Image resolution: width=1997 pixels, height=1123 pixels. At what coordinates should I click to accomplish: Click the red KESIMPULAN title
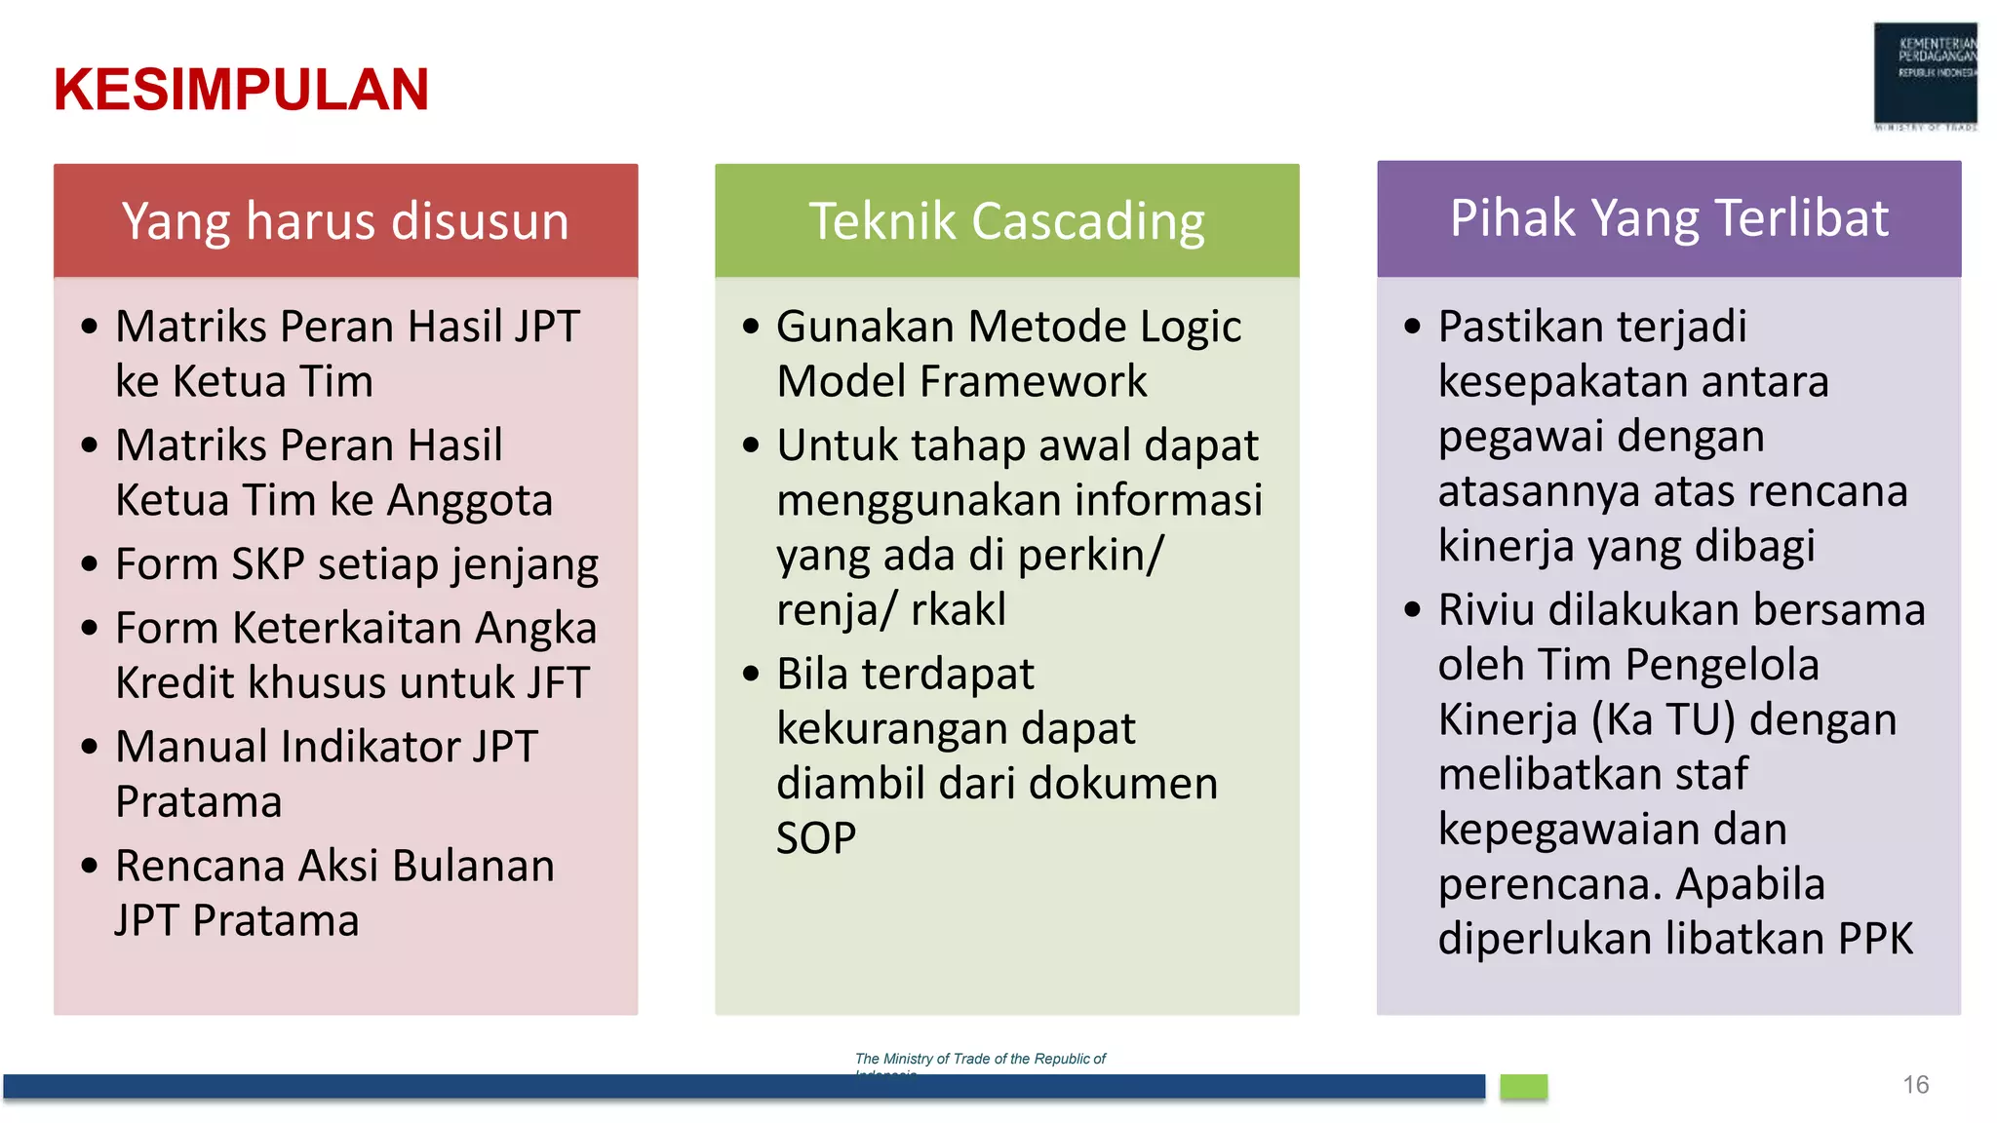(241, 90)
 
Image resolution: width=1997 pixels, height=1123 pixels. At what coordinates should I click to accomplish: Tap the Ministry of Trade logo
(1925, 76)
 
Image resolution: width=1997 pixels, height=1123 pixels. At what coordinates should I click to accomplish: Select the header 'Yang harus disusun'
(345, 221)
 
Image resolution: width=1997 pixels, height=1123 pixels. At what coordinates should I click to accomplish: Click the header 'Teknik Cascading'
(1006, 221)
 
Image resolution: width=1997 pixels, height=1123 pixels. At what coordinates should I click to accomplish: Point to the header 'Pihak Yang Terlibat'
(1668, 218)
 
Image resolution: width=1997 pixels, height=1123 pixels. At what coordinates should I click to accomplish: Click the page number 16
(1915, 1085)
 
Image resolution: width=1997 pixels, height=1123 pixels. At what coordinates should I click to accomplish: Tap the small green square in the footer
(1523, 1087)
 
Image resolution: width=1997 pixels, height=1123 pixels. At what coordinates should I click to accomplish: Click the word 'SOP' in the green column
(816, 838)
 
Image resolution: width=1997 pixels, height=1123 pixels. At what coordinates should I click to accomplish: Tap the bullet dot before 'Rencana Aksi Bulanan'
(90, 866)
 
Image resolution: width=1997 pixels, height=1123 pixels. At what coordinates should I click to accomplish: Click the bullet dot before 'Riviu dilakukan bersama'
(1413, 610)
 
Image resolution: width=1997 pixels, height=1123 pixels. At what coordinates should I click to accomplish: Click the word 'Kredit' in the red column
(176, 683)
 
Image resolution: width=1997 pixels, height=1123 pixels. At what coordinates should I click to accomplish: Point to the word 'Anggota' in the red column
(470, 501)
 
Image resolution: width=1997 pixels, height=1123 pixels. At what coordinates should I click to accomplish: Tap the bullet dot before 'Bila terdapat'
(751, 674)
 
